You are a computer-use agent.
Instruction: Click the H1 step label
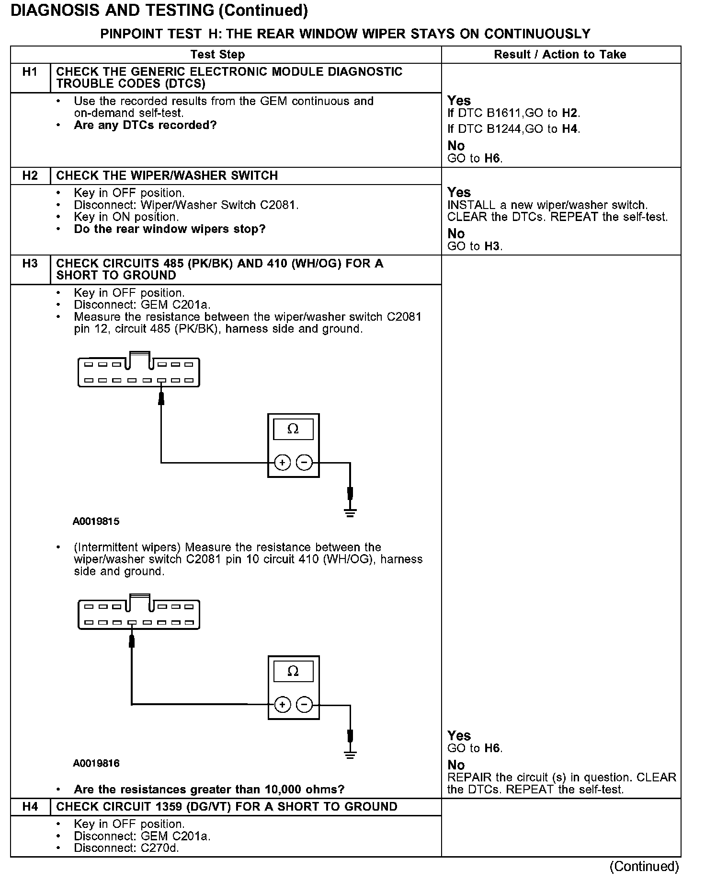pos(30,72)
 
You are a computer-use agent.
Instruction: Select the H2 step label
pos(30,176)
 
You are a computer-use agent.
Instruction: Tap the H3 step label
pos(30,264)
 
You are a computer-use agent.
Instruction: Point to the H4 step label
pos(30,807)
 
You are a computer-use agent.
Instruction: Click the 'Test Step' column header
pos(217,55)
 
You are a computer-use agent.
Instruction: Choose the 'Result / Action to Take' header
pos(560,55)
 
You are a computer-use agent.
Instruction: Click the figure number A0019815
pos(96,522)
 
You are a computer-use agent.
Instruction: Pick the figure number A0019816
pos(96,763)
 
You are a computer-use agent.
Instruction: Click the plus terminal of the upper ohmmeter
pos(283,463)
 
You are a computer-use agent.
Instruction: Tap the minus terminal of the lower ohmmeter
pos(304,704)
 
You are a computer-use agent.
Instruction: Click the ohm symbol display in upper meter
pos(293,429)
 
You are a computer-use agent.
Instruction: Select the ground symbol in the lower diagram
pos(350,755)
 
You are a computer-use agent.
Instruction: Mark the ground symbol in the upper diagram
pos(350,514)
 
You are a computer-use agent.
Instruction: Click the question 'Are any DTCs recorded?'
pos(145,126)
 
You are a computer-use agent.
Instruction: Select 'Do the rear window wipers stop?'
pos(170,229)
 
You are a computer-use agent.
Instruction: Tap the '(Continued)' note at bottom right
pos(644,866)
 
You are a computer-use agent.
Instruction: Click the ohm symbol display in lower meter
pos(293,671)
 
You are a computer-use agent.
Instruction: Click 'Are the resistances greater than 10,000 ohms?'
pos(209,790)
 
